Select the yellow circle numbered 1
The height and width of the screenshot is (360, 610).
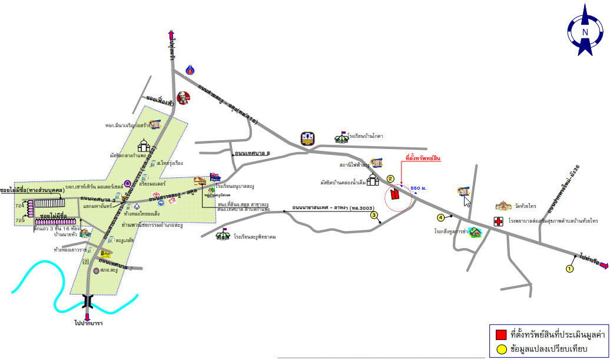click(569, 269)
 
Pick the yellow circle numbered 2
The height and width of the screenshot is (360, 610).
click(390, 179)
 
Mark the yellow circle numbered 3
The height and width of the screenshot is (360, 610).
click(374, 215)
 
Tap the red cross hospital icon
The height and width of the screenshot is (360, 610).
click(498, 222)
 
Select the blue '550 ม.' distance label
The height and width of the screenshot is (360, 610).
click(419, 187)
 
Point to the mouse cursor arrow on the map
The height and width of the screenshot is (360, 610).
click(467, 201)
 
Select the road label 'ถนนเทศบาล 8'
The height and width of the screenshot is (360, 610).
click(252, 154)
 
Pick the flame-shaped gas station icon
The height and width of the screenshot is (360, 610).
click(190, 70)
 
